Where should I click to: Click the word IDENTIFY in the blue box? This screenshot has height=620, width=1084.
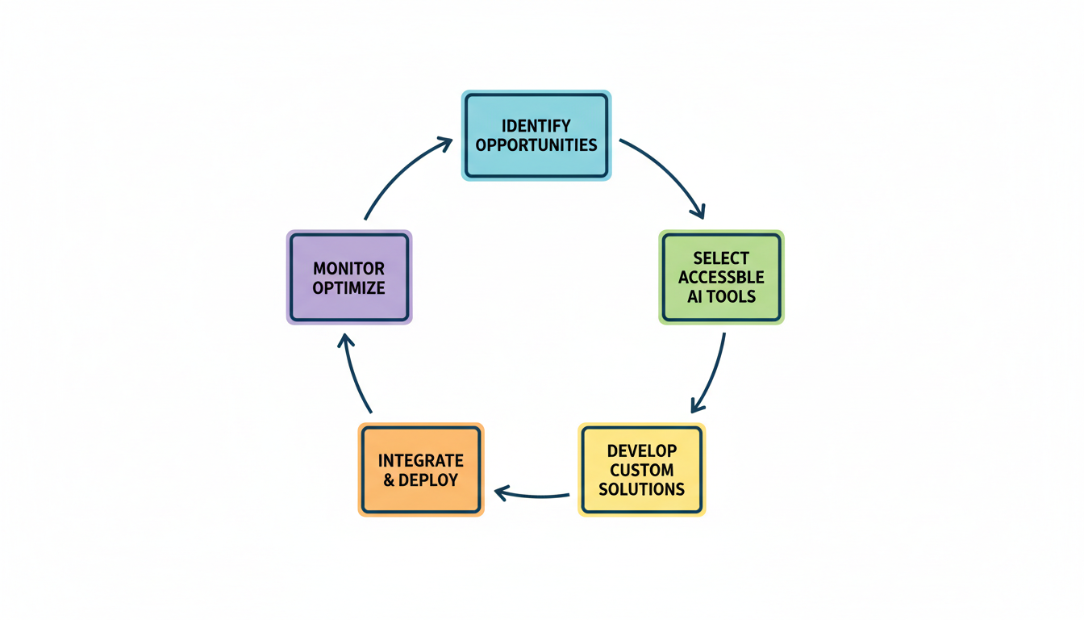pos(536,126)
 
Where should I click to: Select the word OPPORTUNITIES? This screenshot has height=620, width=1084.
pos(536,145)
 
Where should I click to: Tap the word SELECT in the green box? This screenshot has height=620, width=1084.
pos(721,258)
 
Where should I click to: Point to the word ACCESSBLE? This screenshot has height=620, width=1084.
pos(721,277)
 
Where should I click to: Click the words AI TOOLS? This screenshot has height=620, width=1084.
pos(721,296)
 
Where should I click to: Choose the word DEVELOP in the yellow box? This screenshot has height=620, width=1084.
pos(642,450)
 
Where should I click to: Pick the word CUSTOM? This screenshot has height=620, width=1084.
pos(642,470)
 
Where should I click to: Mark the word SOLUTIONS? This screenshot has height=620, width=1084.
pos(642,489)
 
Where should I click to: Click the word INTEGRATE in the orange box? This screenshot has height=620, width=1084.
pos(421,461)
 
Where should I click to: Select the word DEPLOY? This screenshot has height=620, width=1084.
pos(429,480)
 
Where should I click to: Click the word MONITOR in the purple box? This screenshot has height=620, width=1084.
pos(349,268)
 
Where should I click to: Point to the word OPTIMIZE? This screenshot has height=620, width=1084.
pos(349,287)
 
